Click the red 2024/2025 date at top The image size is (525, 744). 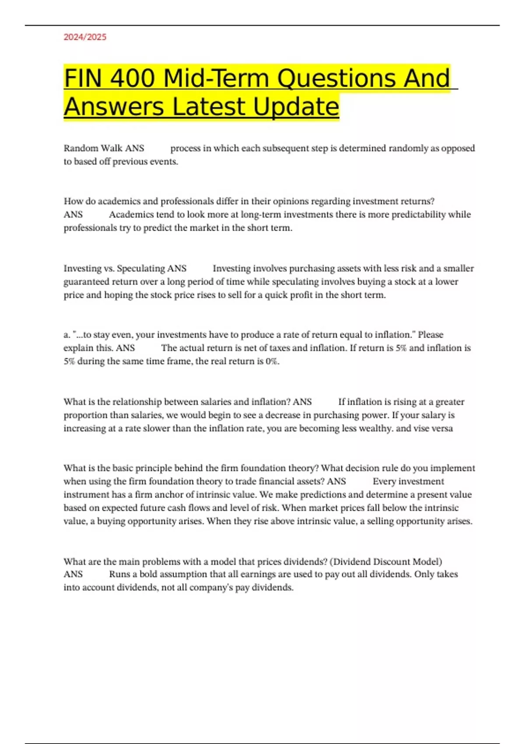[85, 37]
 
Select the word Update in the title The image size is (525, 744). [296, 106]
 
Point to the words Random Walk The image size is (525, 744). [93, 148]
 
